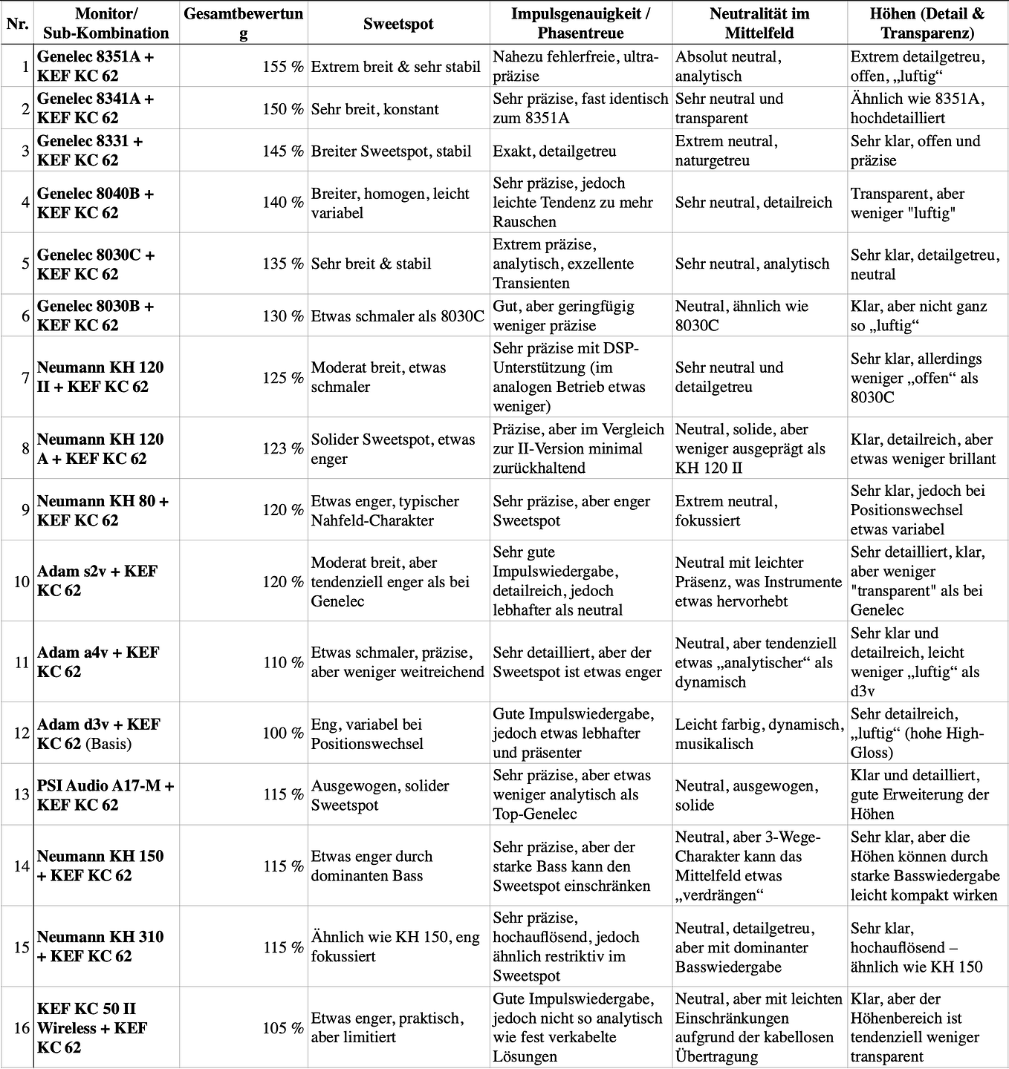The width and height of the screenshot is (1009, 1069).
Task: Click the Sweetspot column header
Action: coord(398,24)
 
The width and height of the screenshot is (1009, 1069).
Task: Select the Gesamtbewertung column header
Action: coord(243,24)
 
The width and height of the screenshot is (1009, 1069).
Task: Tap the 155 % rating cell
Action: coord(282,67)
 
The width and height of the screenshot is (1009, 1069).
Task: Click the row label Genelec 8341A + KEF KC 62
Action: coord(95,108)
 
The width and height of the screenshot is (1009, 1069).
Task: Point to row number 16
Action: coord(22,1028)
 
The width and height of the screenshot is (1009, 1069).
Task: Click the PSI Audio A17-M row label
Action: coord(105,795)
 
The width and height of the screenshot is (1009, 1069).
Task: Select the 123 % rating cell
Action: coord(282,449)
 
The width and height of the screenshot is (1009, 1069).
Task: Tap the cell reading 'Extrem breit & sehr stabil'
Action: coord(395,67)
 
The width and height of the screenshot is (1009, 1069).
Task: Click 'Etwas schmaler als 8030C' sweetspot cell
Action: coord(398,316)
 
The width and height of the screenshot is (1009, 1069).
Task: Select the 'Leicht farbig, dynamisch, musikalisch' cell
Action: coord(759,734)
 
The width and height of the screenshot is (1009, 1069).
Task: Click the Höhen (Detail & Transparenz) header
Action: coord(927,24)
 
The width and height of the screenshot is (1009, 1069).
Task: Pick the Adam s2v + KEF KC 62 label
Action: coord(97,581)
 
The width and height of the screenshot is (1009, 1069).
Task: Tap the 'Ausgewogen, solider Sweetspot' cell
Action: coord(380,795)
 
